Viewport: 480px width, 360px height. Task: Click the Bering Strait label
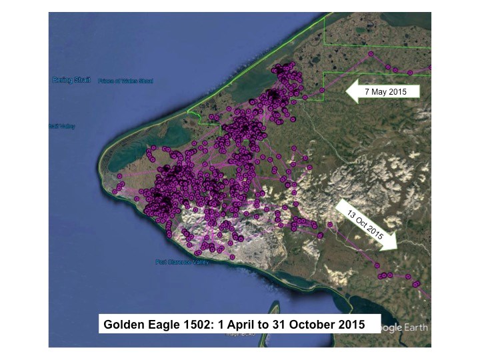click(x=70, y=80)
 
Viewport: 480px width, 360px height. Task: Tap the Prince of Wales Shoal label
click(x=125, y=81)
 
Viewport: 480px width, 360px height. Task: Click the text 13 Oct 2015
click(x=364, y=224)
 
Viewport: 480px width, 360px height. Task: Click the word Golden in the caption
click(x=124, y=325)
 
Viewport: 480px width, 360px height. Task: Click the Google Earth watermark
click(x=404, y=327)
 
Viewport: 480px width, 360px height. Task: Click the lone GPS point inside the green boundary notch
click(x=322, y=90)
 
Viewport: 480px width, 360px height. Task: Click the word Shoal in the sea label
click(x=145, y=81)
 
